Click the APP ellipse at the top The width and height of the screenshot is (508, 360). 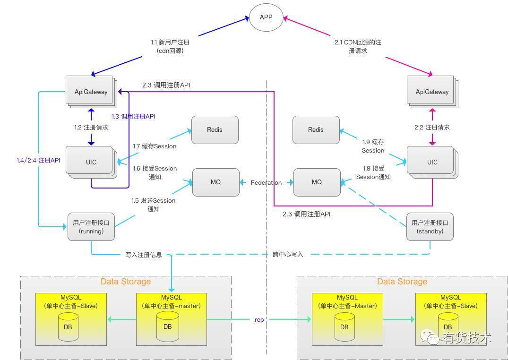[266, 17]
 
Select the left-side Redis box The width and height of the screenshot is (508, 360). [215, 130]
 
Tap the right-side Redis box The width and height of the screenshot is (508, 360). [316, 130]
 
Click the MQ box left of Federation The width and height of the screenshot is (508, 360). [216, 182]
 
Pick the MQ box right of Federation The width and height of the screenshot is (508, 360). [317, 182]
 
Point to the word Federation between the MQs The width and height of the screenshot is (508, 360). [267, 183]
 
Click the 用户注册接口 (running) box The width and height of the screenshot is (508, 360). [91, 227]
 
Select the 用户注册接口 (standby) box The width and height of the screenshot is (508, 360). [430, 227]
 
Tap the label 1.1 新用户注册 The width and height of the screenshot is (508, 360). [170, 43]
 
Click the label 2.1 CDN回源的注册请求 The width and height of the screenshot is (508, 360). [358, 46]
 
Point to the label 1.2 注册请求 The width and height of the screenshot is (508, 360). [91, 128]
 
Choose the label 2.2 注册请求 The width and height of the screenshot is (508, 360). [432, 128]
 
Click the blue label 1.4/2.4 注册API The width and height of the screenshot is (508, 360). [38, 161]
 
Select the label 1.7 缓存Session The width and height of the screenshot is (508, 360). [155, 146]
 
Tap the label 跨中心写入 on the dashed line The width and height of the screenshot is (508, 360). [288, 255]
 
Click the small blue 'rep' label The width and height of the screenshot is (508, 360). [259, 320]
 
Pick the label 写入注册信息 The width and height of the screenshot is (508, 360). [144, 255]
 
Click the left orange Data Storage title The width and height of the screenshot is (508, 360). [126, 282]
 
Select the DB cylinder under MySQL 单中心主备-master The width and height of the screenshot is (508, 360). [167, 326]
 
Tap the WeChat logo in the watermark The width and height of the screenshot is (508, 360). [430, 337]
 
